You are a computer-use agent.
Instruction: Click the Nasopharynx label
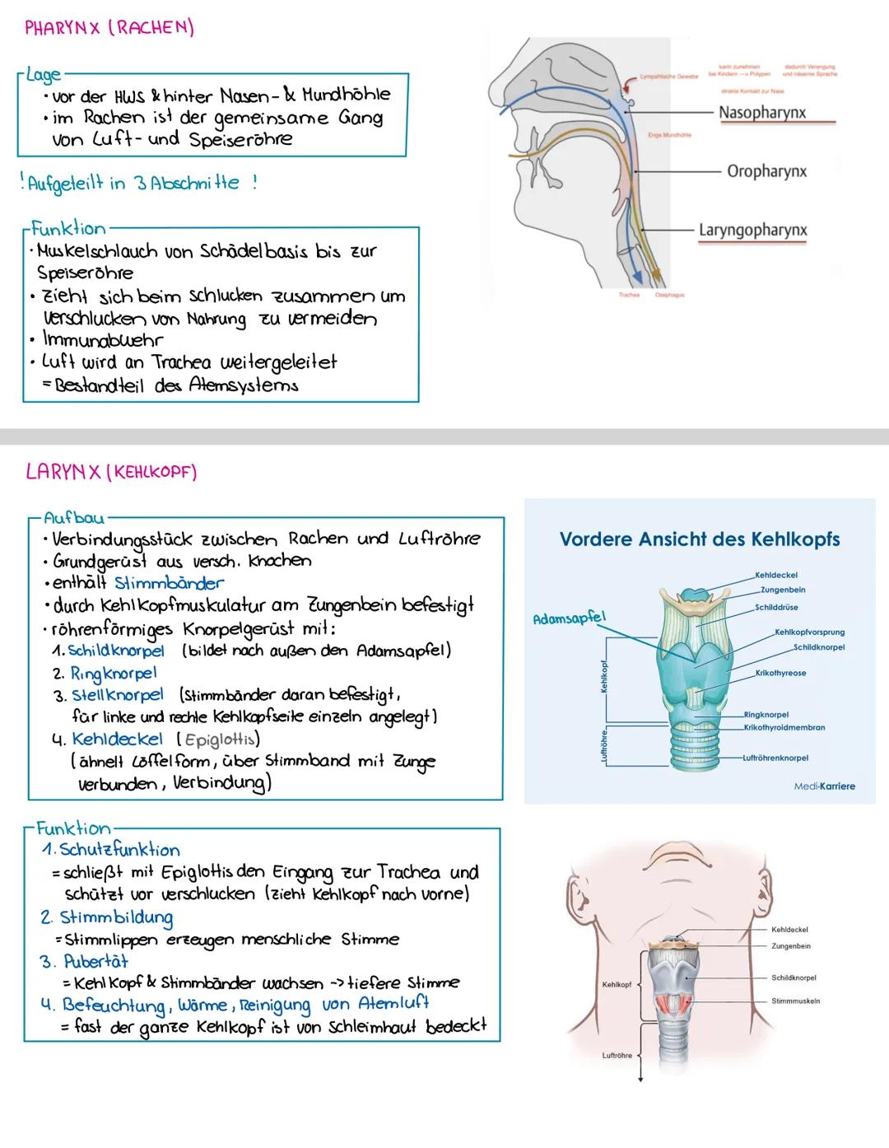click(x=761, y=112)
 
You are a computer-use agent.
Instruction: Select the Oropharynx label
click(x=766, y=171)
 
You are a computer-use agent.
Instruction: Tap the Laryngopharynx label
click(x=753, y=231)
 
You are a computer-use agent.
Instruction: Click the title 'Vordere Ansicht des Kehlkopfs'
click(x=700, y=539)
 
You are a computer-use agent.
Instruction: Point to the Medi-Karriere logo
click(x=824, y=786)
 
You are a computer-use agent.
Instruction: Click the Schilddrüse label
click(x=776, y=608)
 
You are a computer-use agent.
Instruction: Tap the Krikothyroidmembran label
click(x=784, y=727)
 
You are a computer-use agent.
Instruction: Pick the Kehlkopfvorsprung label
click(x=809, y=632)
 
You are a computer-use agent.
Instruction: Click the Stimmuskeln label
click(x=795, y=1001)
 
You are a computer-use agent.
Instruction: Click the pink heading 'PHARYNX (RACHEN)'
click(x=109, y=28)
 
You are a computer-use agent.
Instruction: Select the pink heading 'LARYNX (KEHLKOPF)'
click(x=111, y=472)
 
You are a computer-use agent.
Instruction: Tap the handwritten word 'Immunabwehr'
click(x=103, y=340)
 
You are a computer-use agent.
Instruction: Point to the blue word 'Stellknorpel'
click(x=117, y=695)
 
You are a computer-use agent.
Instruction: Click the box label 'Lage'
click(x=43, y=74)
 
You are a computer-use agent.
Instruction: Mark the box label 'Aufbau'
click(x=73, y=517)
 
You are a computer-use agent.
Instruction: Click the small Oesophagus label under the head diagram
click(x=669, y=295)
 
